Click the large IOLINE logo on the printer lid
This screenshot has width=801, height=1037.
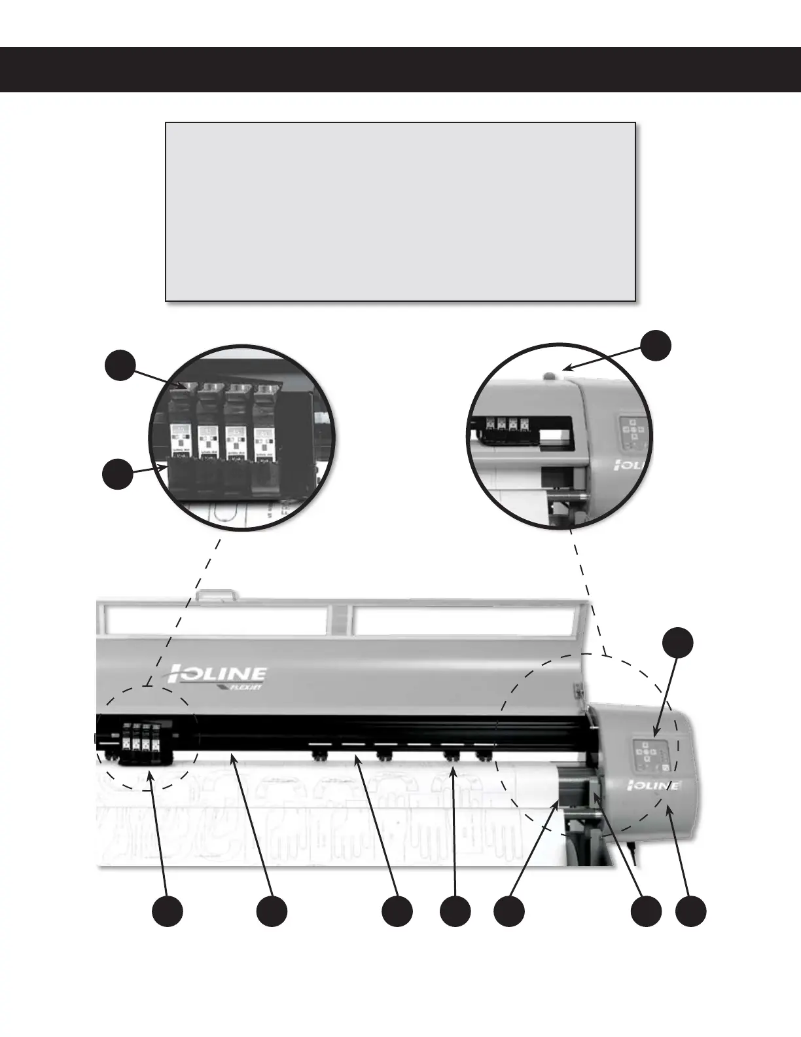coord(219,673)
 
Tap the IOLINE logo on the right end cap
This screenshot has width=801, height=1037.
coord(655,784)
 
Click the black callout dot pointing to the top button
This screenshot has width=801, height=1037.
coord(656,345)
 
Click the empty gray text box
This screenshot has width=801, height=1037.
coord(400,211)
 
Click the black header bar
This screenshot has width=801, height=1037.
coord(400,69)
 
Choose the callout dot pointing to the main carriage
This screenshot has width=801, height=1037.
coord(168,912)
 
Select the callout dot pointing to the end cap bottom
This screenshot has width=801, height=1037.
coord(691,912)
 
